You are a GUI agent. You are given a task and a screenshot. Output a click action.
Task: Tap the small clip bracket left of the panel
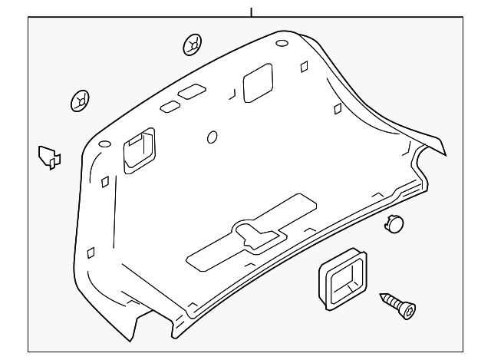click(x=50, y=157)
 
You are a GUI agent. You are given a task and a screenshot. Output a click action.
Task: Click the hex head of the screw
click(x=410, y=310)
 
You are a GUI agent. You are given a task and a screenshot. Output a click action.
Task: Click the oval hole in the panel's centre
click(x=213, y=137)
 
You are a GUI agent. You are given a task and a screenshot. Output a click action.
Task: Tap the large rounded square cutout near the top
click(x=257, y=83)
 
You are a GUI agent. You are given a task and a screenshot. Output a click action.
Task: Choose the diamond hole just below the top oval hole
click(x=304, y=66)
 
